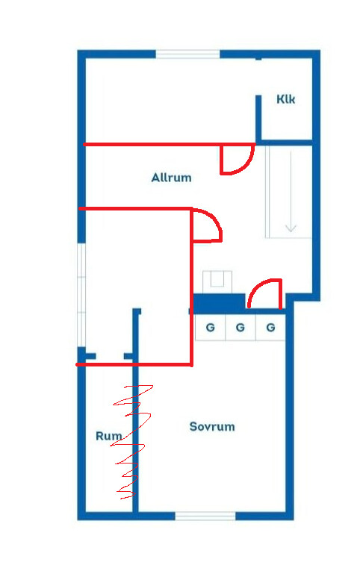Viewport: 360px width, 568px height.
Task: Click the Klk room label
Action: click(285, 99)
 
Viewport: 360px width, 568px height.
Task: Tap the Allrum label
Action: click(171, 178)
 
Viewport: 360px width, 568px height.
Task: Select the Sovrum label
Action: click(212, 426)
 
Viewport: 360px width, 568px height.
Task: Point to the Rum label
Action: click(108, 436)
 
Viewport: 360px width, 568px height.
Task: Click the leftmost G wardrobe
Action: click(211, 328)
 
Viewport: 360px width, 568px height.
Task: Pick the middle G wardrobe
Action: click(240, 328)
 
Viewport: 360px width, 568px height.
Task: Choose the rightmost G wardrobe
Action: click(270, 328)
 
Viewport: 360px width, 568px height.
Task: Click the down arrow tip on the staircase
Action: click(291, 231)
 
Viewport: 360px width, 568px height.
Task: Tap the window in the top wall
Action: click(187, 54)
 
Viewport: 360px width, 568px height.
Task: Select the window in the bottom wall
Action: click(205, 516)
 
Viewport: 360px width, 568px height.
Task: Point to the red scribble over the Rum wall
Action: click(131, 442)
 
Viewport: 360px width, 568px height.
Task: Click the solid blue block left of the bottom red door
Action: click(219, 303)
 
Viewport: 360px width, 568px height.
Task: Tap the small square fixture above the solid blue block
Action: click(217, 280)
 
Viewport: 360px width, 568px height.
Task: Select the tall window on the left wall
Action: click(81, 295)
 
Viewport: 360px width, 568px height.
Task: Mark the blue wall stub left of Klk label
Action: click(258, 118)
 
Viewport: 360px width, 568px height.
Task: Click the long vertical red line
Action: click(191, 287)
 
